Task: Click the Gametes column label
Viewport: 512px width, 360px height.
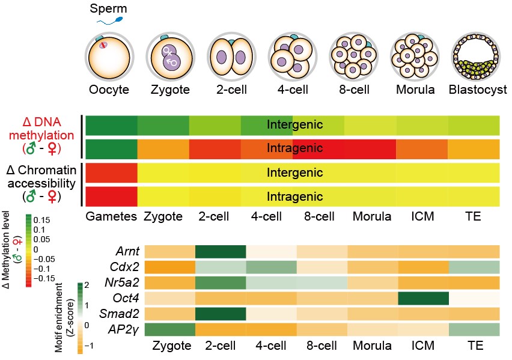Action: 111,216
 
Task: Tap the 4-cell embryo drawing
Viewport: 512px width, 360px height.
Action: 293,58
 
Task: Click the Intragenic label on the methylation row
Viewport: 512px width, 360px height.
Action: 293,148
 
